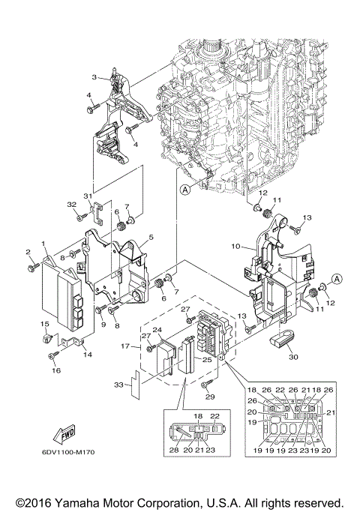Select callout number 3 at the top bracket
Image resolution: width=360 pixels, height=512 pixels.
pyautogui.click(x=94, y=77)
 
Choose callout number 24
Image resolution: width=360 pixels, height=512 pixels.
pyautogui.click(x=157, y=329)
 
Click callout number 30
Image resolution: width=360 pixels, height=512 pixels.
pyautogui.click(x=292, y=358)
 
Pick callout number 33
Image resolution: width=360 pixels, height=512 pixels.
pyautogui.click(x=118, y=384)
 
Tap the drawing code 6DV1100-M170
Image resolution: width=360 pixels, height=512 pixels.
pyautogui.click(x=68, y=472)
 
